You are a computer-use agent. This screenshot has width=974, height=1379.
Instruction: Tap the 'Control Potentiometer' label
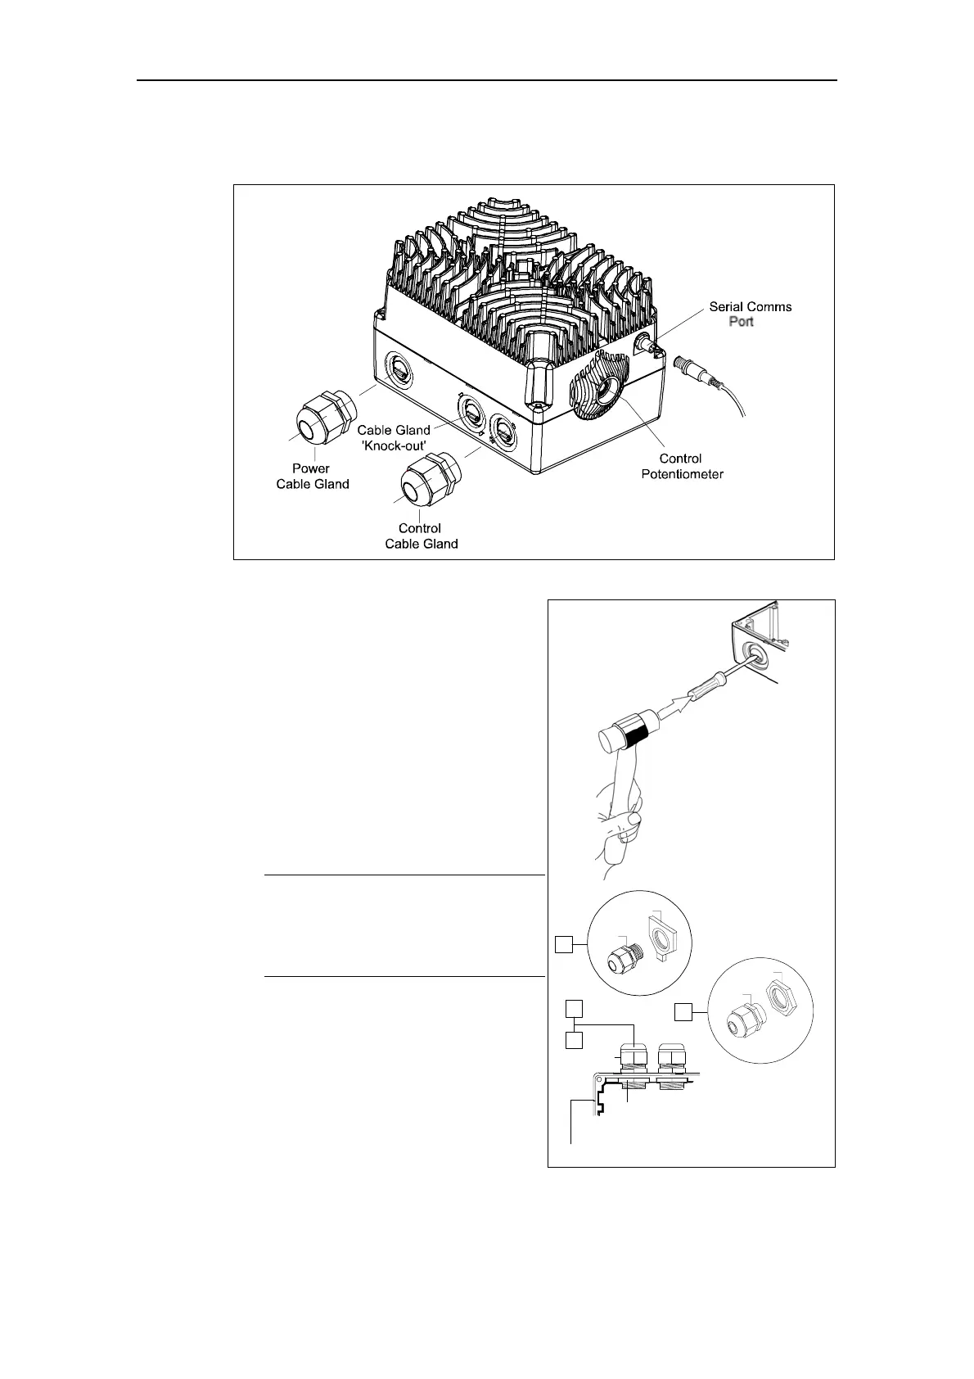pyautogui.click(x=682, y=466)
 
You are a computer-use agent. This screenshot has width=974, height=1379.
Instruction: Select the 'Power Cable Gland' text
pyautogui.click(x=313, y=476)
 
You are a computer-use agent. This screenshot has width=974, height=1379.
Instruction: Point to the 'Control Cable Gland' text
pyautogui.click(x=421, y=536)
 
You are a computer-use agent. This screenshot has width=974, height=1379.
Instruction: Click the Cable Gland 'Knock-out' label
pyautogui.click(x=394, y=436)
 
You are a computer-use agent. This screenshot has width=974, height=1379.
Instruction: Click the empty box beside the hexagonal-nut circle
pyautogui.click(x=683, y=1014)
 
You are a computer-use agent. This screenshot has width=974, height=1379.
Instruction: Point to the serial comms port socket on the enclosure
pyautogui.click(x=647, y=346)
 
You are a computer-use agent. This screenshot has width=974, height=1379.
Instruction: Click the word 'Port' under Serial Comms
pyautogui.click(x=741, y=322)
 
